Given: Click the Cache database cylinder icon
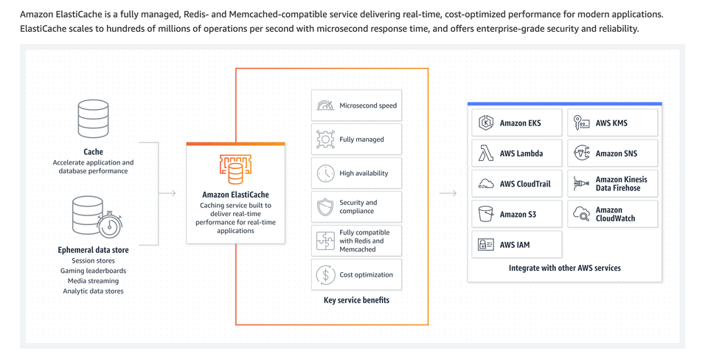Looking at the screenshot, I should pyautogui.click(x=94, y=120).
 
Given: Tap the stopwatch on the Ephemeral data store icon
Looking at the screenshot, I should pyautogui.click(x=110, y=224).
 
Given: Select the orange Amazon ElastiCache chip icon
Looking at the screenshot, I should pyautogui.click(x=235, y=169).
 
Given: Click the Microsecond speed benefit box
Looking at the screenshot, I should pyautogui.click(x=356, y=105).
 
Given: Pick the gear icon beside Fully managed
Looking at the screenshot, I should pyautogui.click(x=325, y=139).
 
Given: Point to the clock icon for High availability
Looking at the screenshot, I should pyautogui.click(x=325, y=173).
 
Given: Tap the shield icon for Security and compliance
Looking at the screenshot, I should pyautogui.click(x=325, y=207).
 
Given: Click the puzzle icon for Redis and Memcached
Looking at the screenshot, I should pyautogui.click(x=325, y=240).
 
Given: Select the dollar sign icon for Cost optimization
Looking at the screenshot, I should pyautogui.click(x=325, y=274).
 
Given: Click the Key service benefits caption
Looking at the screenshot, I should pyautogui.click(x=356, y=300).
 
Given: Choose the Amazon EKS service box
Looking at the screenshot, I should pyautogui.click(x=516, y=123).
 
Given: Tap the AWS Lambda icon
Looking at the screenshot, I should pyautogui.click(x=486, y=153).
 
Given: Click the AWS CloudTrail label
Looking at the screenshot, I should pyautogui.click(x=525, y=184).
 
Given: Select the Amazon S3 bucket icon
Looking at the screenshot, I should pyautogui.click(x=486, y=214).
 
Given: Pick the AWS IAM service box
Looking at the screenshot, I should pyautogui.click(x=516, y=245).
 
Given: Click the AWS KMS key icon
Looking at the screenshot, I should pyautogui.click(x=582, y=122).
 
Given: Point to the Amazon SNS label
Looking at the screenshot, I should pyautogui.click(x=617, y=153).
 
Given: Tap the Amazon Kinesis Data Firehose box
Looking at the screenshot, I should pyautogui.click(x=612, y=184).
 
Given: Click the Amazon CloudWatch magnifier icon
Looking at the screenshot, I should pyautogui.click(x=582, y=215).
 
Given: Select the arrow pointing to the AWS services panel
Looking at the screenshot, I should pyautogui.click(x=448, y=193).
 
